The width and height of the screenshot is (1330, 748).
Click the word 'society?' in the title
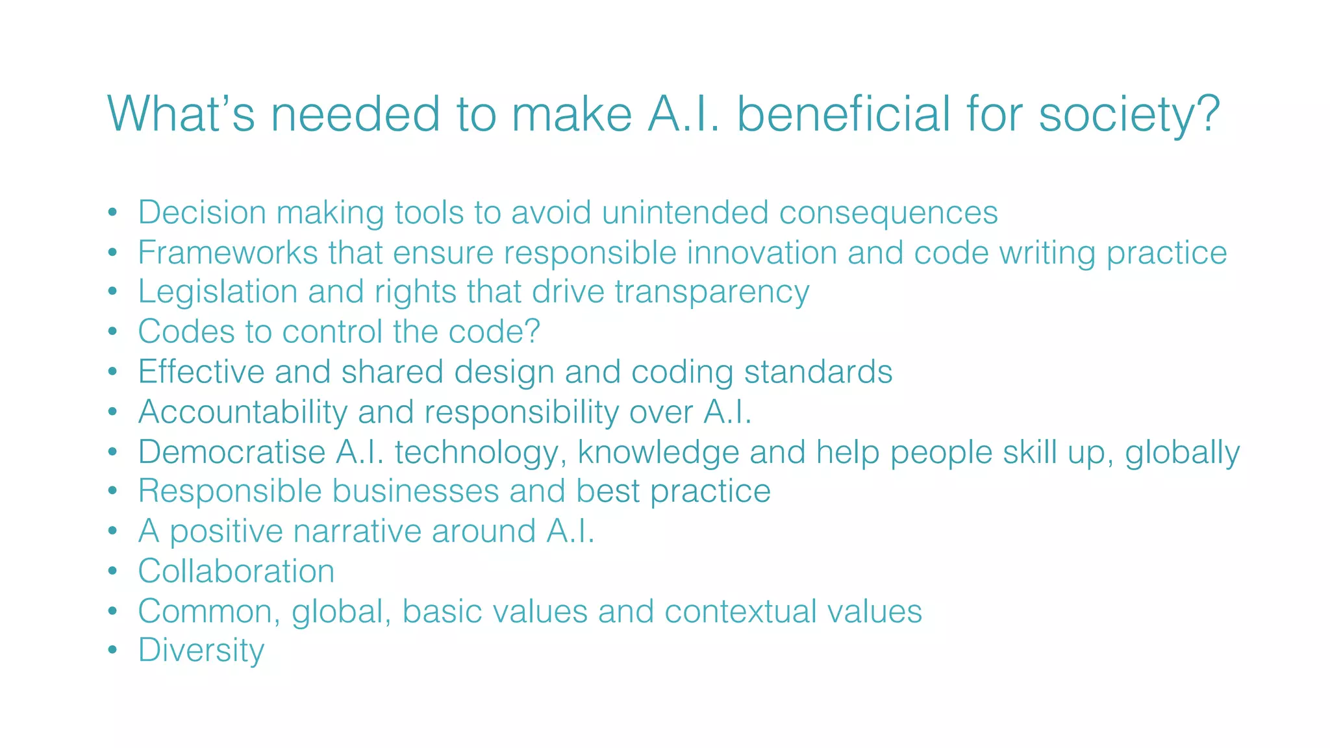(x=1129, y=115)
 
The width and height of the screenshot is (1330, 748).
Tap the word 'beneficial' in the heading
(x=844, y=114)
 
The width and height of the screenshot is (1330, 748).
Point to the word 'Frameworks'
(x=227, y=253)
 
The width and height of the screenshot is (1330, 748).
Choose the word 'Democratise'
(x=232, y=452)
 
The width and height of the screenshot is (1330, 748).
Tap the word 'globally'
(x=1182, y=453)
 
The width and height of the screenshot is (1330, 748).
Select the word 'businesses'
(x=416, y=491)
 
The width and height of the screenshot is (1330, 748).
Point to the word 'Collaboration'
(x=236, y=571)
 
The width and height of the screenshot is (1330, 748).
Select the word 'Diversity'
(x=201, y=651)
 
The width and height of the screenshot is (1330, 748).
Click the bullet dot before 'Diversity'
(x=113, y=650)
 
